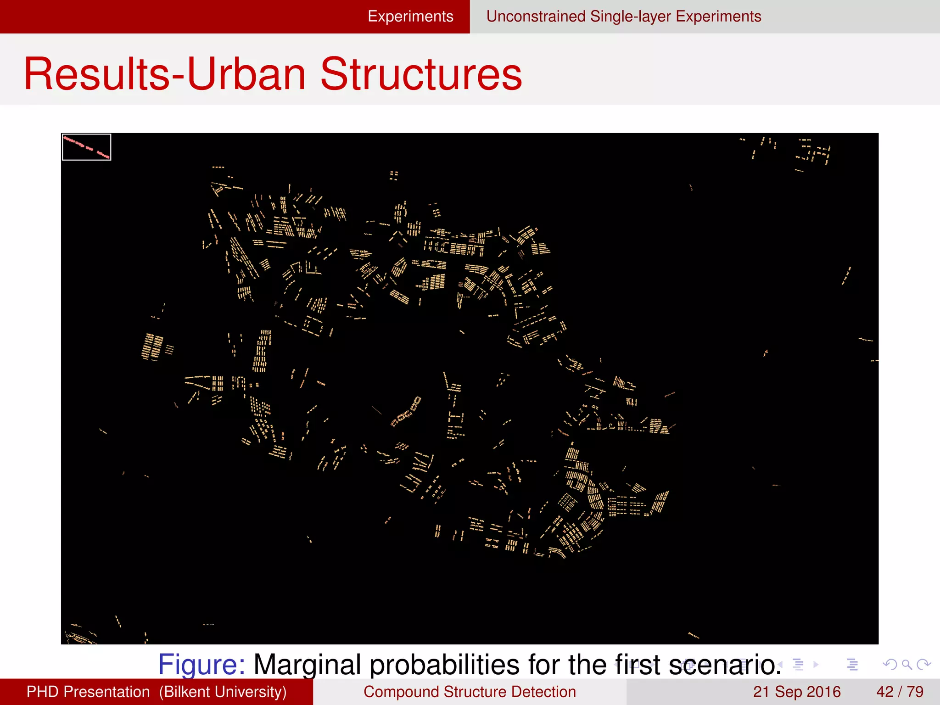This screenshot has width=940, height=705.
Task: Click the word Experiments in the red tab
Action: point(410,17)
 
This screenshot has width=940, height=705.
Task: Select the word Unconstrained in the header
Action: point(536,17)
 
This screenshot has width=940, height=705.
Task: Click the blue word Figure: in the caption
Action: point(201,664)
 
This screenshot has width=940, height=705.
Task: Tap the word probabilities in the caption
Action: point(445,664)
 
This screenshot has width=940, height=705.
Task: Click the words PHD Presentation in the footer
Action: point(88,692)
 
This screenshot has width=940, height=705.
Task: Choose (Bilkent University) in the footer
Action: point(223,692)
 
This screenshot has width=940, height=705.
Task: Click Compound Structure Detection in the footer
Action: point(470,692)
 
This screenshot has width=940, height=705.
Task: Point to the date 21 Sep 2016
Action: point(796,692)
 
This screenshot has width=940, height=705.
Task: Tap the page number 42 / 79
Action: point(900,692)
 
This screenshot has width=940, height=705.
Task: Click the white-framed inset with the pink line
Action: point(86,147)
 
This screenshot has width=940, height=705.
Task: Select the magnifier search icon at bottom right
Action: point(906,664)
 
